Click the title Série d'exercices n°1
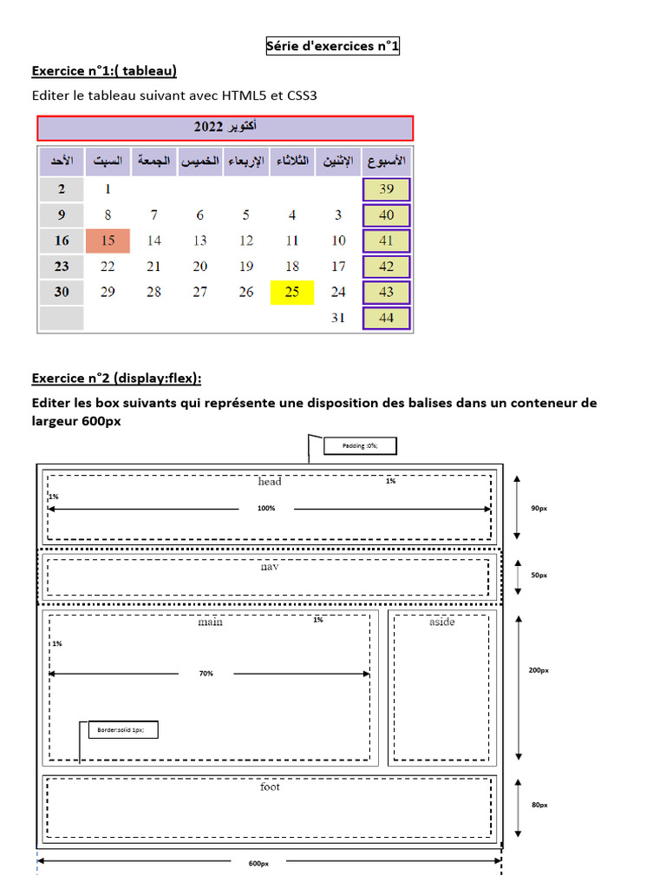coord(333,47)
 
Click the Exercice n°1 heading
coord(109,70)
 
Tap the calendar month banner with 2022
coord(225,128)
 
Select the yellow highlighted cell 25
coord(292,292)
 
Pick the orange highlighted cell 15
coord(108,240)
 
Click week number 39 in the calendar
coord(387,189)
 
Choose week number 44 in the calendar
coord(387,318)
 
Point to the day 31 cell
coord(338,318)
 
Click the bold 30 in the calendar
coord(62,292)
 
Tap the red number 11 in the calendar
coord(292,240)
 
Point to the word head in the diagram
coord(270,482)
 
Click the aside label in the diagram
coord(441,622)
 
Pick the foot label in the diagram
coord(270,787)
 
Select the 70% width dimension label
coord(206,674)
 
